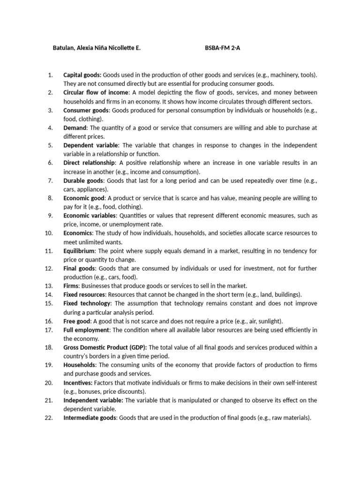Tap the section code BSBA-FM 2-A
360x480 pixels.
[222, 48]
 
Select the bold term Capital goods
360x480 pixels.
[82, 75]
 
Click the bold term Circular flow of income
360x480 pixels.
[96, 92]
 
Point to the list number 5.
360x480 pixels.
[50, 145]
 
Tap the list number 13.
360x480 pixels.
[48, 285]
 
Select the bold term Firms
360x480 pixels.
[71, 285]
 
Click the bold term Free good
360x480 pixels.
[77, 321]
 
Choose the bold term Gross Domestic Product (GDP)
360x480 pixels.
[105, 347]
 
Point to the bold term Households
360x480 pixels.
[79, 365]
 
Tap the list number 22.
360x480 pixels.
[48, 418]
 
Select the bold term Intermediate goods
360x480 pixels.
[90, 418]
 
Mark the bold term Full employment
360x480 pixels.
[86, 330]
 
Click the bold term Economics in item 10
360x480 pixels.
[78, 233]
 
